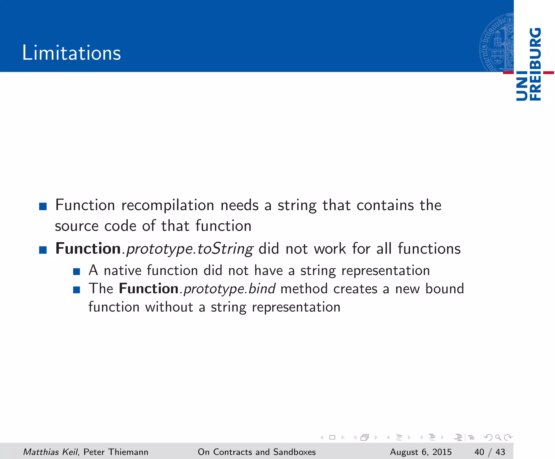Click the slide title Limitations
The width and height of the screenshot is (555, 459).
tap(71, 53)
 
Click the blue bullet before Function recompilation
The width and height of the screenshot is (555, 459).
tap(43, 207)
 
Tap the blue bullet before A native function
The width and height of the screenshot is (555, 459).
tap(76, 272)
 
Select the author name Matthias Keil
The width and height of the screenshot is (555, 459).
tap(51, 452)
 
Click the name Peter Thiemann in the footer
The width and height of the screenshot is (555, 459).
tap(116, 452)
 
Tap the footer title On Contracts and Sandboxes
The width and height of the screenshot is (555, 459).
tap(256, 452)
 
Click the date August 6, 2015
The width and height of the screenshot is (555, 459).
tap(421, 452)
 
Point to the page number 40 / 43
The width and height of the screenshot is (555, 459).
tap(490, 452)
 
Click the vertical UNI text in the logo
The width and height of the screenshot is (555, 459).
tap(522, 86)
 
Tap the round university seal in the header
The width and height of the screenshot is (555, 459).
tap(496, 43)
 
